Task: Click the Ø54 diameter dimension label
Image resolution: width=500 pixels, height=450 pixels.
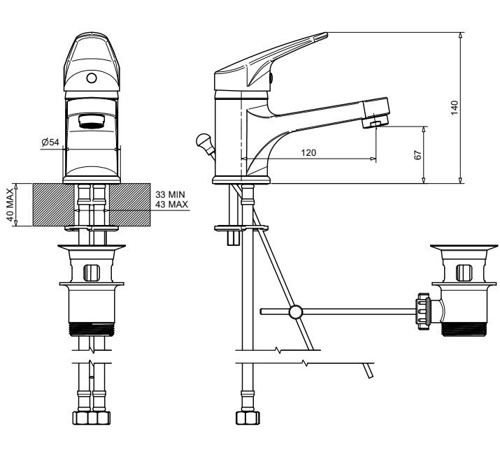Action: [x=50, y=142]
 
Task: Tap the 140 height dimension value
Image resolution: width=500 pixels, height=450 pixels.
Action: [x=455, y=108]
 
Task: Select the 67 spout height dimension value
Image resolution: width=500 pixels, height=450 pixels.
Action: [x=417, y=155]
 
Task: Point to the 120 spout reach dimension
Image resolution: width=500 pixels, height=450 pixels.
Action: [x=308, y=152]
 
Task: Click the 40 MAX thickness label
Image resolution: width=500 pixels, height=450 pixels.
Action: [x=10, y=205]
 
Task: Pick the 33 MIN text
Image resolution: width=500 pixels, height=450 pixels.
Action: [x=171, y=194]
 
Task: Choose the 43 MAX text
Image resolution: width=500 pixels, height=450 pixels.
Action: [x=172, y=204]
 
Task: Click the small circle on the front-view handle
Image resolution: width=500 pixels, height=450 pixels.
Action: [x=92, y=78]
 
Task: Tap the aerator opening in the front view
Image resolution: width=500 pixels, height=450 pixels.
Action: [x=92, y=122]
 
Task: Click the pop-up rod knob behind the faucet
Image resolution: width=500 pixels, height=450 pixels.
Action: [x=203, y=140]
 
